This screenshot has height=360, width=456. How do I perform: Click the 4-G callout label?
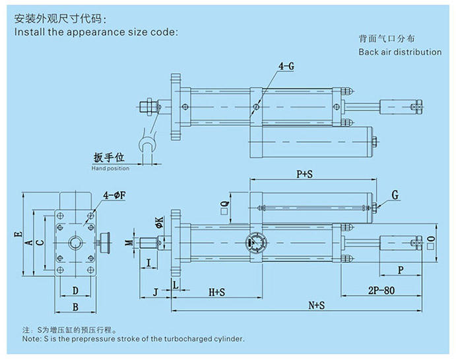coord(286,66)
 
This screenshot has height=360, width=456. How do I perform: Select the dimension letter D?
coord(75,290)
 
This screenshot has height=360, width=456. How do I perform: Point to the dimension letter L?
coord(175,284)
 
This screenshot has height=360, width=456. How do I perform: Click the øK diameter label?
coord(159,223)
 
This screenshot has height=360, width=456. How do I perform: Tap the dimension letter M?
coord(129,242)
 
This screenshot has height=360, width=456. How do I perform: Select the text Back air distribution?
coord(400,52)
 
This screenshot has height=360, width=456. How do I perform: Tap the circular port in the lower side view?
coord(256,243)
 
